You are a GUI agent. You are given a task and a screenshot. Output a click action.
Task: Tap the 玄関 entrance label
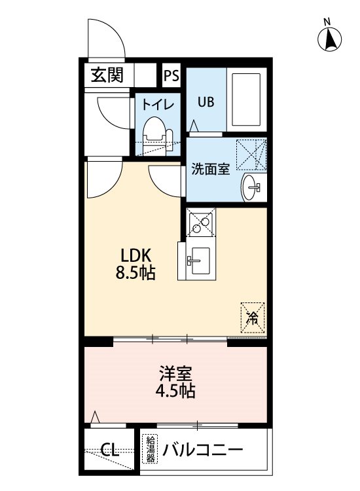click(107, 75)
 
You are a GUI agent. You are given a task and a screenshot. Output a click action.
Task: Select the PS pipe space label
click(171, 75)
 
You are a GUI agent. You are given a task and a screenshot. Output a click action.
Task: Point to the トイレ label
click(158, 104)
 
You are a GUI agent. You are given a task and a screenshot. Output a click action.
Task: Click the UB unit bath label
click(206, 101)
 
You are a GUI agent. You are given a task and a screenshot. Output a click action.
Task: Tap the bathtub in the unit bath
click(246, 100)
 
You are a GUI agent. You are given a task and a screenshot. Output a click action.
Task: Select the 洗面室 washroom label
click(210, 169)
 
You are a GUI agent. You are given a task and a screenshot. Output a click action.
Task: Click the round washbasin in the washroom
click(251, 187)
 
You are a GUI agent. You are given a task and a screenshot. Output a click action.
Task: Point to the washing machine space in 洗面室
click(251, 155)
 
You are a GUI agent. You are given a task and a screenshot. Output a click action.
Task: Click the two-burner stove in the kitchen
click(201, 223)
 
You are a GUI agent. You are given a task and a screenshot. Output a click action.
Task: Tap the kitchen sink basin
click(200, 261)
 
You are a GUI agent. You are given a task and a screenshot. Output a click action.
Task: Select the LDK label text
click(136, 255)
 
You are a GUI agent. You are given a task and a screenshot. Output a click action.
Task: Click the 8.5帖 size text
click(135, 273)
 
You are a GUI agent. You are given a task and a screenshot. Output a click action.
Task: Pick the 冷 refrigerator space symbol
click(253, 318)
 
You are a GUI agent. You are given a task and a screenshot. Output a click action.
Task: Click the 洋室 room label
click(175, 373)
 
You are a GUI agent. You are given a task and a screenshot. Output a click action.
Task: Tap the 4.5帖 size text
click(175, 390)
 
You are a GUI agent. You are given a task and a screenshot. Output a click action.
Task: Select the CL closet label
click(109, 450)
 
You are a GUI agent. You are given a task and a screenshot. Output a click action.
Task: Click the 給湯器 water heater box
click(150, 448)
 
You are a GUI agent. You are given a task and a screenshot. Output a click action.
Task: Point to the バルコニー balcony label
click(202, 450)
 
